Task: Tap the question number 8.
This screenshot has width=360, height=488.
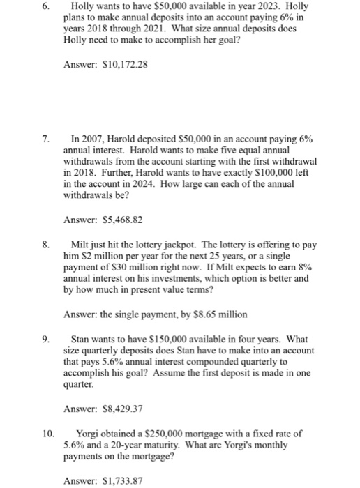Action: pyautogui.click(x=46, y=245)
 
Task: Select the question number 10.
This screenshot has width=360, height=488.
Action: pyautogui.click(x=48, y=433)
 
